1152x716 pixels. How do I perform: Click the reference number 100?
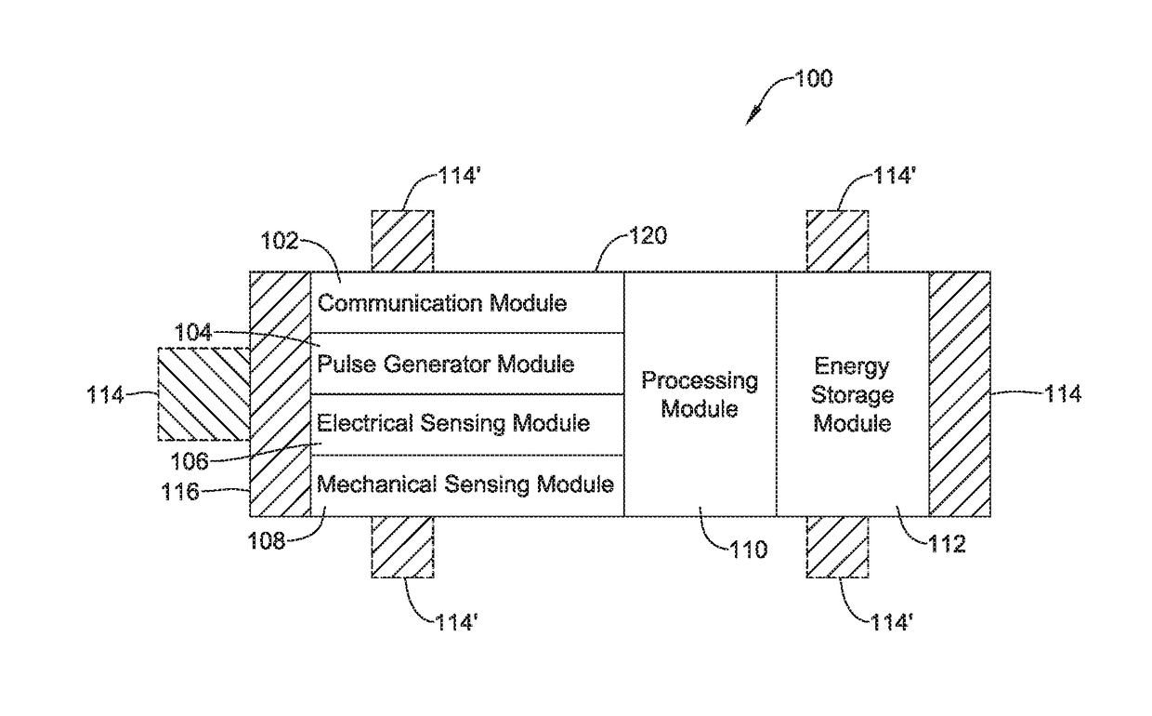(x=814, y=79)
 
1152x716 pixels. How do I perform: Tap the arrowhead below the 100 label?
(x=752, y=117)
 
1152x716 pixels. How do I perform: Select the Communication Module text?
(x=442, y=302)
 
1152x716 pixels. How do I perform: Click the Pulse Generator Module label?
(x=445, y=364)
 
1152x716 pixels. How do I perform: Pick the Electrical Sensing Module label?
(x=453, y=424)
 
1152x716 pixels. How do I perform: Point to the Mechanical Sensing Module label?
(x=465, y=484)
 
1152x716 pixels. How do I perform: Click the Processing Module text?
(x=700, y=395)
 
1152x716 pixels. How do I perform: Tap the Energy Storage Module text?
(x=852, y=395)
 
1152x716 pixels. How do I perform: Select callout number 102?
(x=280, y=241)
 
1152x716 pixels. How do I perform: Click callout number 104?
(x=193, y=333)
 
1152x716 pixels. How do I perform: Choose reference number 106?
(x=190, y=461)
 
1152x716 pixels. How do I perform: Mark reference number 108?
(x=267, y=541)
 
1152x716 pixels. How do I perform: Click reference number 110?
(x=749, y=550)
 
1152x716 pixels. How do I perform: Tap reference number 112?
(x=947, y=544)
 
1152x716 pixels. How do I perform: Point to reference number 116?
(x=180, y=492)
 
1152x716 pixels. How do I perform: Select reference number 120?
(x=648, y=235)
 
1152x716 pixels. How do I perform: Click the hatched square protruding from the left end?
(x=203, y=394)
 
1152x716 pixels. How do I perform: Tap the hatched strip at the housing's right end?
(x=960, y=394)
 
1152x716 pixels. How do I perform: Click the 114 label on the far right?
(x=1063, y=394)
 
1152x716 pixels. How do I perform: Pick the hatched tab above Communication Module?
(x=402, y=241)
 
